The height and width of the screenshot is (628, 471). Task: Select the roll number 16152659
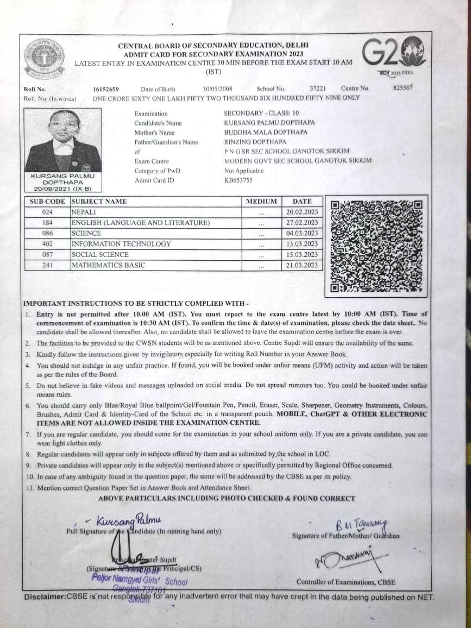coord(106,89)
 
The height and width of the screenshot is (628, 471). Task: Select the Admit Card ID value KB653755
coord(238,180)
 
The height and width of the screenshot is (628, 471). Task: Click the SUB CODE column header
coord(47,202)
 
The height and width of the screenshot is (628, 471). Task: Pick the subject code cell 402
coord(47,244)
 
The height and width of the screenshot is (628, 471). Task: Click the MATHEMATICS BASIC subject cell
coord(109,266)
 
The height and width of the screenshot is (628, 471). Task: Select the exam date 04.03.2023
coord(302,234)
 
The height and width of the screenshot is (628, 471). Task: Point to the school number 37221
coord(318,89)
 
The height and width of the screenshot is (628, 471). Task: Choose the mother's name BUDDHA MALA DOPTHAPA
coord(266,133)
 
